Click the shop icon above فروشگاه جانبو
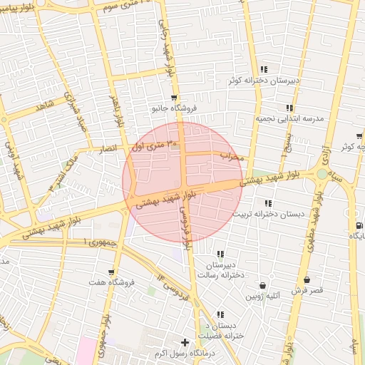174,97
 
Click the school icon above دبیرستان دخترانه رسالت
220,254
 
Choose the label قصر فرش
308,291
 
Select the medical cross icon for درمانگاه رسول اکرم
185,343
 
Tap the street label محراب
232,155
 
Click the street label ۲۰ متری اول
146,148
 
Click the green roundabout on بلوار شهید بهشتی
322,173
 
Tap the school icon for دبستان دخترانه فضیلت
220,314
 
